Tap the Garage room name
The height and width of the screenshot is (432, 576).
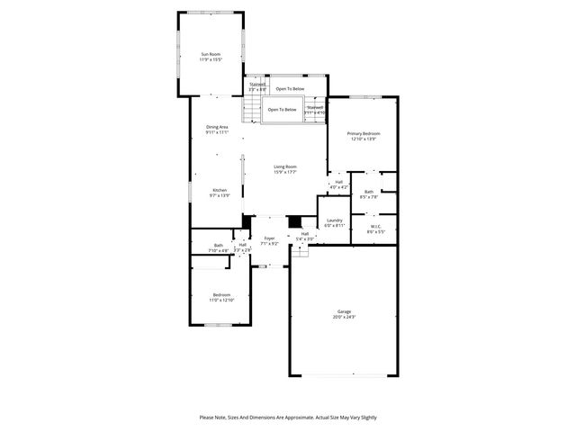click(344, 311)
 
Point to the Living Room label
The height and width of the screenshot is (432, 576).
click(285, 166)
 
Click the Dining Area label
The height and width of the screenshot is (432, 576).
click(216, 127)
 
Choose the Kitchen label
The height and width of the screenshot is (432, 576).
click(220, 190)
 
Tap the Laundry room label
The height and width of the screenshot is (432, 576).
click(334, 220)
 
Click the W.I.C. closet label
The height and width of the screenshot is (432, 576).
click(375, 226)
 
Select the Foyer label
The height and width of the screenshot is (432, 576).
click(269, 238)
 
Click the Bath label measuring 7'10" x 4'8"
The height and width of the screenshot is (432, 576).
click(219, 246)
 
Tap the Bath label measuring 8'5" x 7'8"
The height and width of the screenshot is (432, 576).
click(369, 192)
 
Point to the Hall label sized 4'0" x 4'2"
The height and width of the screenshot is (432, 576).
click(339, 182)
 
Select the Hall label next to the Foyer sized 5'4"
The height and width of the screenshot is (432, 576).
click(305, 234)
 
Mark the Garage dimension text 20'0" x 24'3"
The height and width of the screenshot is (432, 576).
click(344, 317)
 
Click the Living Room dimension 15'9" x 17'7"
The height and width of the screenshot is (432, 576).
click(285, 171)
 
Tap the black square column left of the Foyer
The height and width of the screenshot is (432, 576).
click(247, 221)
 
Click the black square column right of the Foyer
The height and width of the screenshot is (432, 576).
click(293, 221)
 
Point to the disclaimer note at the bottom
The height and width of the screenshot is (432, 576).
click(288, 418)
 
